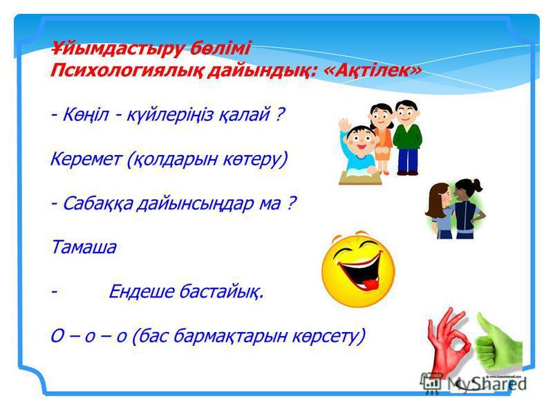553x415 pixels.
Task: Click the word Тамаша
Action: click(x=84, y=247)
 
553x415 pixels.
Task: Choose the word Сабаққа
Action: click(x=98, y=203)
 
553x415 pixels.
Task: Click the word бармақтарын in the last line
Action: click(x=230, y=337)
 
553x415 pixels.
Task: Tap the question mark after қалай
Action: click(x=279, y=114)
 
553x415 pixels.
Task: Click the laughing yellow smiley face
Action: click(x=357, y=269)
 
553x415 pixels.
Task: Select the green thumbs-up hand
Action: click(x=497, y=343)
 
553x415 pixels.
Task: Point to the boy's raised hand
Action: click(x=344, y=126)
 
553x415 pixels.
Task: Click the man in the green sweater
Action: click(x=407, y=138)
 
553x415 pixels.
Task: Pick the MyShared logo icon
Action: click(x=431, y=382)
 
